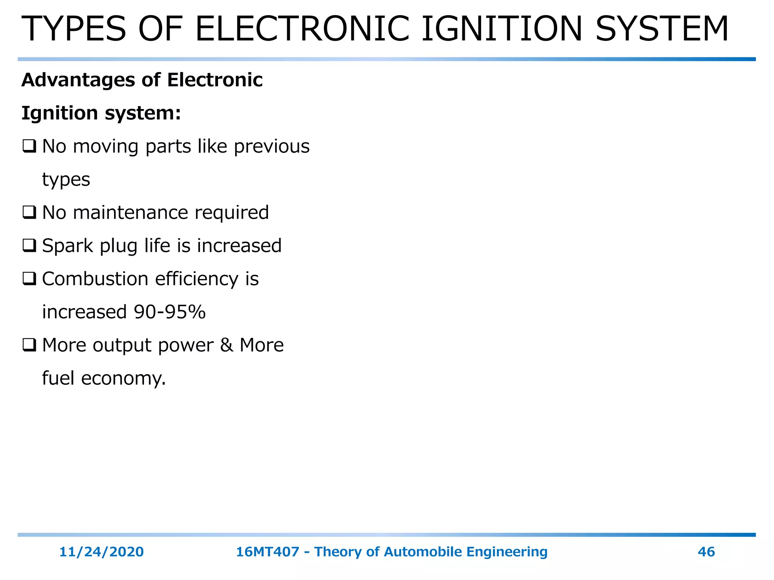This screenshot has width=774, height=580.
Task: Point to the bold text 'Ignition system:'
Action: click(x=101, y=113)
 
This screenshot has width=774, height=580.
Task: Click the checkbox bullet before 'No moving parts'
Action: click(x=29, y=147)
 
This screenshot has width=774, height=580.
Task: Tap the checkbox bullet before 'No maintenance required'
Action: click(x=29, y=213)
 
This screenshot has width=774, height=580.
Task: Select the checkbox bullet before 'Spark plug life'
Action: click(x=29, y=246)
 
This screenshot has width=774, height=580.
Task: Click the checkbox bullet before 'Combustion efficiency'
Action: click(x=29, y=279)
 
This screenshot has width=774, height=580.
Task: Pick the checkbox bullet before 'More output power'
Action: click(x=29, y=345)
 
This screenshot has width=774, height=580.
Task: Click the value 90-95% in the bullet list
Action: click(x=170, y=312)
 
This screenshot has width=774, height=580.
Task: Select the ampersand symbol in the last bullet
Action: click(x=226, y=345)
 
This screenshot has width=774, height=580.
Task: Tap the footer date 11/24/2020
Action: click(x=101, y=552)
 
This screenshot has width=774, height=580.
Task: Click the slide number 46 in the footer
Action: click(x=706, y=552)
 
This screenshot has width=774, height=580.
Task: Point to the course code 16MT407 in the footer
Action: click(x=268, y=552)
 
